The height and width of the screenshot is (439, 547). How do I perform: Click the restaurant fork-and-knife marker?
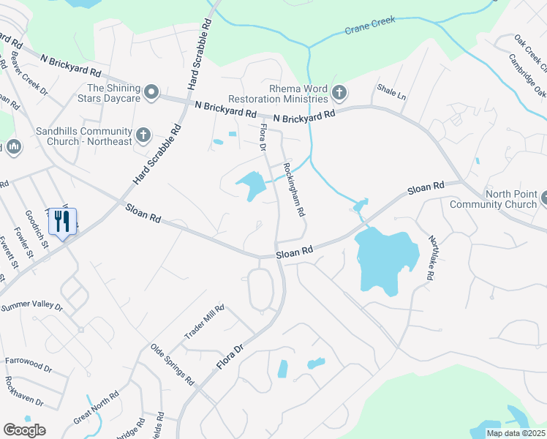62,221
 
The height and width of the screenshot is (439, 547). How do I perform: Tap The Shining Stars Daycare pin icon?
151,92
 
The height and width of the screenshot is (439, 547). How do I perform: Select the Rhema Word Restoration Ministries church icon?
339,92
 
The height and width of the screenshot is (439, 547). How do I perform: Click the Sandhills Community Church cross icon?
143,135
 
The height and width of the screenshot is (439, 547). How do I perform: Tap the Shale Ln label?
391,92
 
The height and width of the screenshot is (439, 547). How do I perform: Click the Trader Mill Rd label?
204,323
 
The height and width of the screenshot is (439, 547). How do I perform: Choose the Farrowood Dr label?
29,361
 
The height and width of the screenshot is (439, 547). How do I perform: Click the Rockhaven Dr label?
23,392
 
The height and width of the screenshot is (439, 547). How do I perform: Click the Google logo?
24,429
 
